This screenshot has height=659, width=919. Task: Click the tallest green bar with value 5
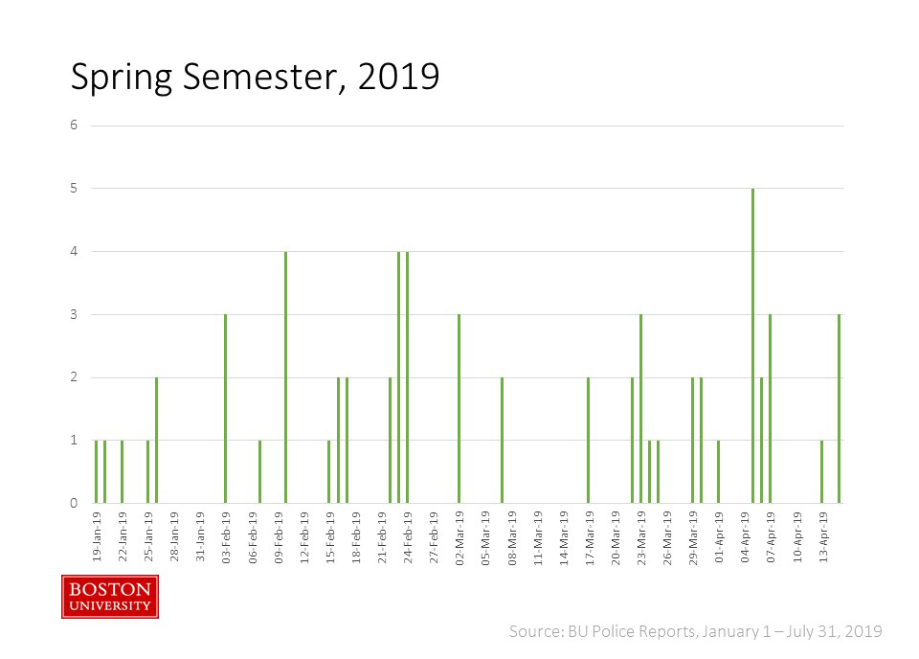tap(753, 345)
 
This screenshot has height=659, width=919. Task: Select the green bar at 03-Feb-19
tap(225, 408)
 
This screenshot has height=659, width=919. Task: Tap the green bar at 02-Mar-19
tap(459, 408)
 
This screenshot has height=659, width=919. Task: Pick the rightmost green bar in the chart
tap(840, 408)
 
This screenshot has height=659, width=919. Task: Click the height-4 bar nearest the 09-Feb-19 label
tap(285, 376)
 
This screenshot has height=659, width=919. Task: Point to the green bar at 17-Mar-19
tap(588, 440)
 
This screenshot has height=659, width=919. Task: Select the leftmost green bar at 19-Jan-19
tap(96, 471)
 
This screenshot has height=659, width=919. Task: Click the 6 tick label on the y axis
tap(74, 125)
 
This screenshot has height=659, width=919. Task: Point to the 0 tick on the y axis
tap(74, 503)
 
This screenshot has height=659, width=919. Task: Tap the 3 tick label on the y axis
tap(74, 314)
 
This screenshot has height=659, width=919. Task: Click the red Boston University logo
tap(109, 596)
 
